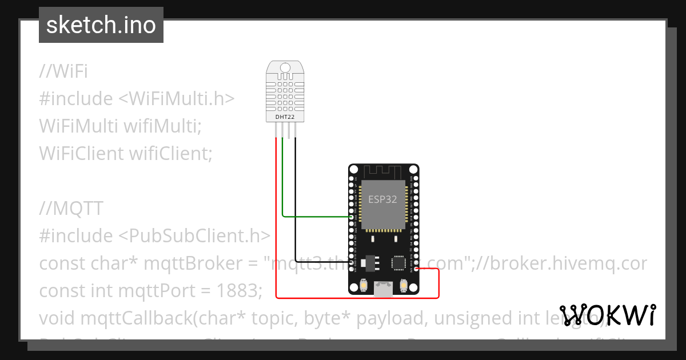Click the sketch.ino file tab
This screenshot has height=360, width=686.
point(101,25)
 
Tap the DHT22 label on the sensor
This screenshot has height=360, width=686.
point(285,117)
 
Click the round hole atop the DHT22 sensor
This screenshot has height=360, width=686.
point(285,68)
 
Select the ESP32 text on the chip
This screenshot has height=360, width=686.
point(383,199)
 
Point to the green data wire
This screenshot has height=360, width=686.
point(314,217)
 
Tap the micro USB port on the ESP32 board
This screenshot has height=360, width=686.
point(384,289)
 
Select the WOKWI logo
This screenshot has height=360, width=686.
point(608,315)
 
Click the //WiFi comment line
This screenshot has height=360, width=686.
point(63,71)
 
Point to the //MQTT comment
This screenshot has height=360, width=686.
point(71,209)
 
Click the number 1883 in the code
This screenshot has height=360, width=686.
point(240,291)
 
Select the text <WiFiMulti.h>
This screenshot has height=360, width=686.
point(177,99)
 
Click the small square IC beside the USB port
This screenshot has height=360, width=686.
point(398,263)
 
